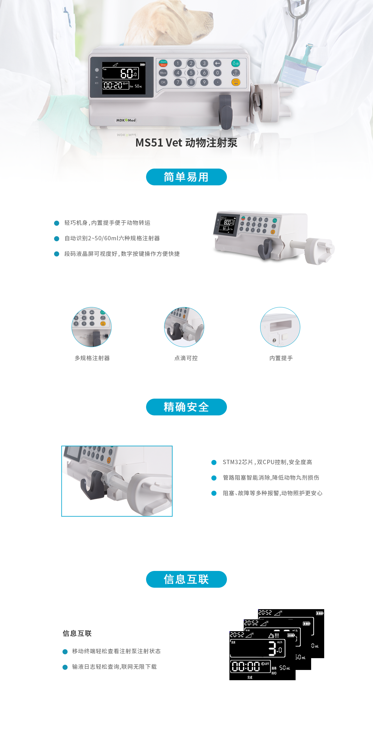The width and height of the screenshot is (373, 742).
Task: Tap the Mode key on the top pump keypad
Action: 163,73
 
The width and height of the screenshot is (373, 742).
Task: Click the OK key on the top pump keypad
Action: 163,82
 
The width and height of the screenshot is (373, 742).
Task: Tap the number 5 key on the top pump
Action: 191,73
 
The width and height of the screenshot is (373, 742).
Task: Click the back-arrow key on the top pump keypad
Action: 217,63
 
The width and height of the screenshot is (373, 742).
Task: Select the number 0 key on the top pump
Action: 217,73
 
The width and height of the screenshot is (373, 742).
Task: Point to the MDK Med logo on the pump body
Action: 126,120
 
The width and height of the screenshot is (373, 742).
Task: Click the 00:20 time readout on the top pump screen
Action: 113,85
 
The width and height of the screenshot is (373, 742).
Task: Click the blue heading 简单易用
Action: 186,177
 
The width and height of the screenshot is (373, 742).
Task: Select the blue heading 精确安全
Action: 186,407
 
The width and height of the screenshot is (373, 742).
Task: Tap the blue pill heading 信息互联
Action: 186,579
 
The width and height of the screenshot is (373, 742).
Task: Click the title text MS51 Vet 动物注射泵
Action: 186,143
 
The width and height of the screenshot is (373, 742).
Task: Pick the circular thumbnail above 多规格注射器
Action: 92,327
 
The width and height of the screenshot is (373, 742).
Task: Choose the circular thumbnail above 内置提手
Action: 280,327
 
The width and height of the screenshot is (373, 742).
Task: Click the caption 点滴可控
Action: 186,358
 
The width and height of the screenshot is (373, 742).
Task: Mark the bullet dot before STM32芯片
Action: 214,463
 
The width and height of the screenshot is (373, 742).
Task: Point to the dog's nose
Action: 211,14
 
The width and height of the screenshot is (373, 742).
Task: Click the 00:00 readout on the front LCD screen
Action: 246,666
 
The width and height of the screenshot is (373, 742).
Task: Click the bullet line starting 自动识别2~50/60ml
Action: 112,238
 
